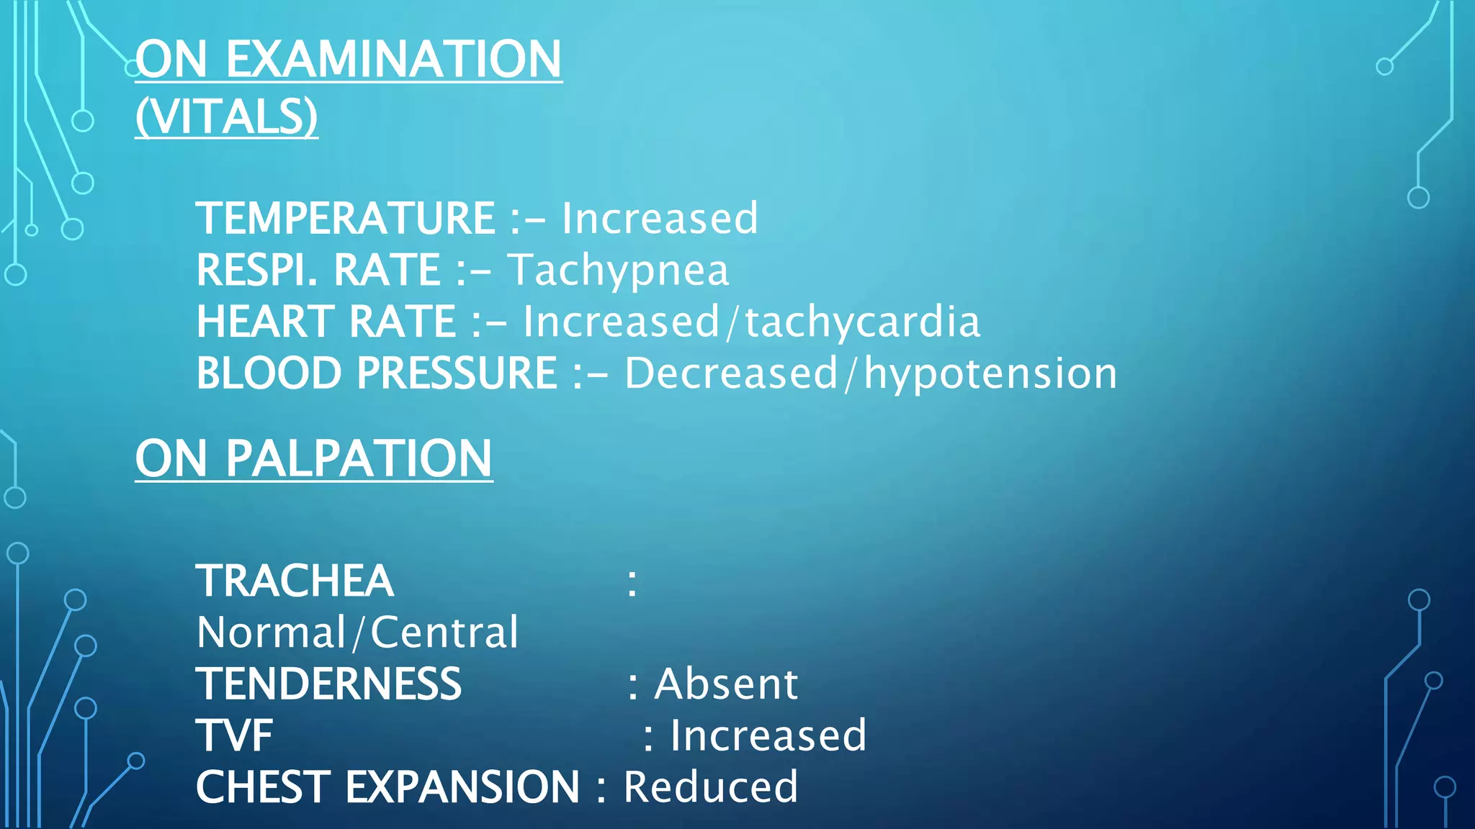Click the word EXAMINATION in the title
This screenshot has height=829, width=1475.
tap(393, 59)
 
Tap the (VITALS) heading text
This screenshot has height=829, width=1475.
tap(226, 116)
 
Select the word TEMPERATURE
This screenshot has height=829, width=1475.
tap(345, 218)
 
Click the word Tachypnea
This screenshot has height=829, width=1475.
tap(618, 271)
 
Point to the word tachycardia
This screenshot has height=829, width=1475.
tap(862, 322)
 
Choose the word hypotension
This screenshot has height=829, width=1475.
tap(990, 373)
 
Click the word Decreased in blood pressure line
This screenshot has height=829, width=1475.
tap(731, 373)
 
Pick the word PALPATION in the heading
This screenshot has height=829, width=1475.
tap(359, 458)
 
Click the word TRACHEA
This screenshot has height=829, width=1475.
tap(295, 581)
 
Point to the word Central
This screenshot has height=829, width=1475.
tap(444, 633)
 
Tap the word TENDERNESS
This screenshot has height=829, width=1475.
tap(328, 684)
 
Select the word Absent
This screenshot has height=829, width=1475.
tap(726, 684)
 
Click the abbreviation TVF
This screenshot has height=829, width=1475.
tap(234, 735)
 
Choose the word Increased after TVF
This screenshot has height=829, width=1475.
tap(768, 735)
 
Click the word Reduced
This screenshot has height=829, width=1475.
tap(710, 787)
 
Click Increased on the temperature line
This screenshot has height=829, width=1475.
tap(660, 218)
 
